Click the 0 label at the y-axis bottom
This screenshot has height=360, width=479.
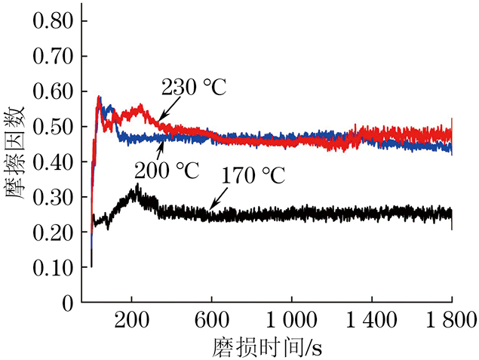pyautogui.click(x=68, y=303)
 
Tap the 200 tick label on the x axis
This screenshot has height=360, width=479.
pyautogui.click(x=131, y=318)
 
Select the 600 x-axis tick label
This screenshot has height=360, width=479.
pyautogui.click(x=211, y=318)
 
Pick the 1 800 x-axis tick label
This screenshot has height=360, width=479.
pyautogui.click(x=450, y=318)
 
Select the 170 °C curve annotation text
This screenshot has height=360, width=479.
pyautogui.click(x=253, y=177)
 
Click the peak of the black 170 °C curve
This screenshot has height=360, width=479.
pyautogui.click(x=137, y=185)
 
